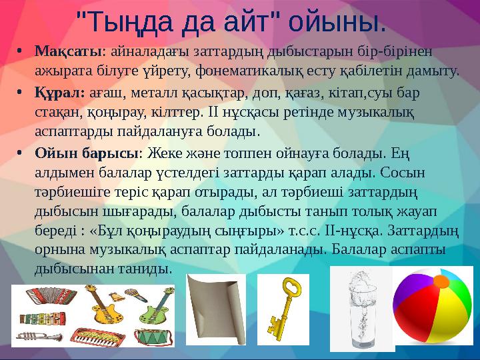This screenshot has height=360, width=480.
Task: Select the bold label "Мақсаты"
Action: tap(66, 51)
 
